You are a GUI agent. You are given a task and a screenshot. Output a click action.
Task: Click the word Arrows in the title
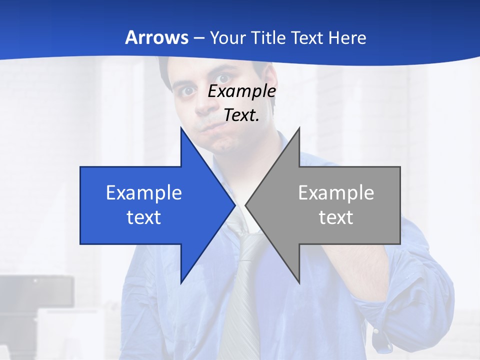coord(156,38)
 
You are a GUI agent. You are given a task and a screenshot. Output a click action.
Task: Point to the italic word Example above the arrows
coord(241,91)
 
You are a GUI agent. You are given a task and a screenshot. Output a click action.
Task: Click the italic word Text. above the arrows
coord(241,115)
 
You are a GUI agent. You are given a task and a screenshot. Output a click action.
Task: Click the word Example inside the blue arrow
coord(143,193)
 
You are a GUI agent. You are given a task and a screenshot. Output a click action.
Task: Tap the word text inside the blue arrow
coord(143,217)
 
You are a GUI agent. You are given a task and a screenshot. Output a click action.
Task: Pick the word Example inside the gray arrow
coord(336,193)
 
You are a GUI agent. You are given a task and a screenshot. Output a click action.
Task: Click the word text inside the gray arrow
coord(336,217)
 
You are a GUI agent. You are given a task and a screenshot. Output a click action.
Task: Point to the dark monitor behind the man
coord(35,292)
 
